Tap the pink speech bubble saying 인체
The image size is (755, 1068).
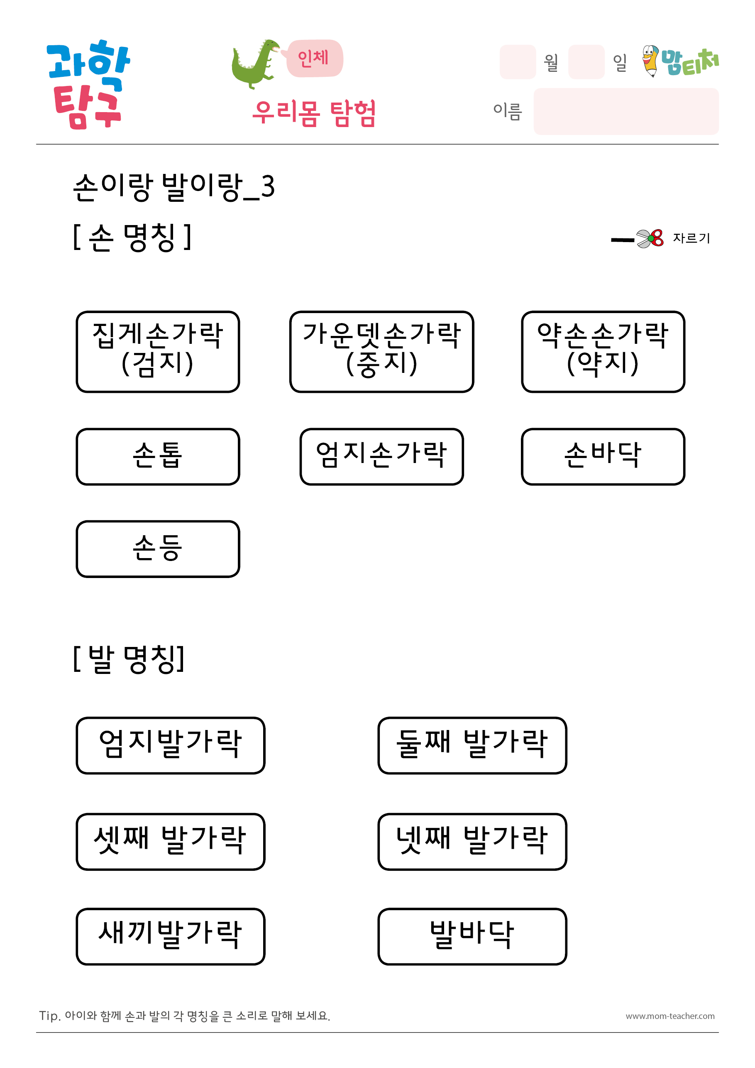[x=314, y=58]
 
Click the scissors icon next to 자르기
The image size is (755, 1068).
[x=650, y=239]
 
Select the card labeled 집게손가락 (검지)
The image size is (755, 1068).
[x=158, y=352]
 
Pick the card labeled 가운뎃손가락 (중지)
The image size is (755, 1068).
[x=381, y=352]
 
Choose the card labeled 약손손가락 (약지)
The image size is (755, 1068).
[x=603, y=352]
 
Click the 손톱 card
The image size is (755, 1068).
[x=158, y=456]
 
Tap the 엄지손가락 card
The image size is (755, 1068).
[x=381, y=456]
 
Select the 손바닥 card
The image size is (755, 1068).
[x=603, y=456]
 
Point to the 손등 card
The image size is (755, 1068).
[x=158, y=549]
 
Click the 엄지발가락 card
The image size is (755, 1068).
[x=170, y=745]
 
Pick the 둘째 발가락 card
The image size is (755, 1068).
[x=472, y=745]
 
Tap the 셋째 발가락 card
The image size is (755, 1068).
[x=170, y=841]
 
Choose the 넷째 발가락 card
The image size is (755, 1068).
[x=472, y=841]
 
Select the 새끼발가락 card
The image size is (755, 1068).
[x=170, y=936]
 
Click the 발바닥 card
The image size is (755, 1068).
[x=472, y=936]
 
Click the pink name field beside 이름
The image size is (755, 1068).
[x=626, y=111]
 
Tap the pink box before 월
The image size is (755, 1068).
[x=518, y=62]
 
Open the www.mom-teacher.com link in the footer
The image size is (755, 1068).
[x=670, y=1016]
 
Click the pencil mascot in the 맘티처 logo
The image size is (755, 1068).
[x=650, y=61]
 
